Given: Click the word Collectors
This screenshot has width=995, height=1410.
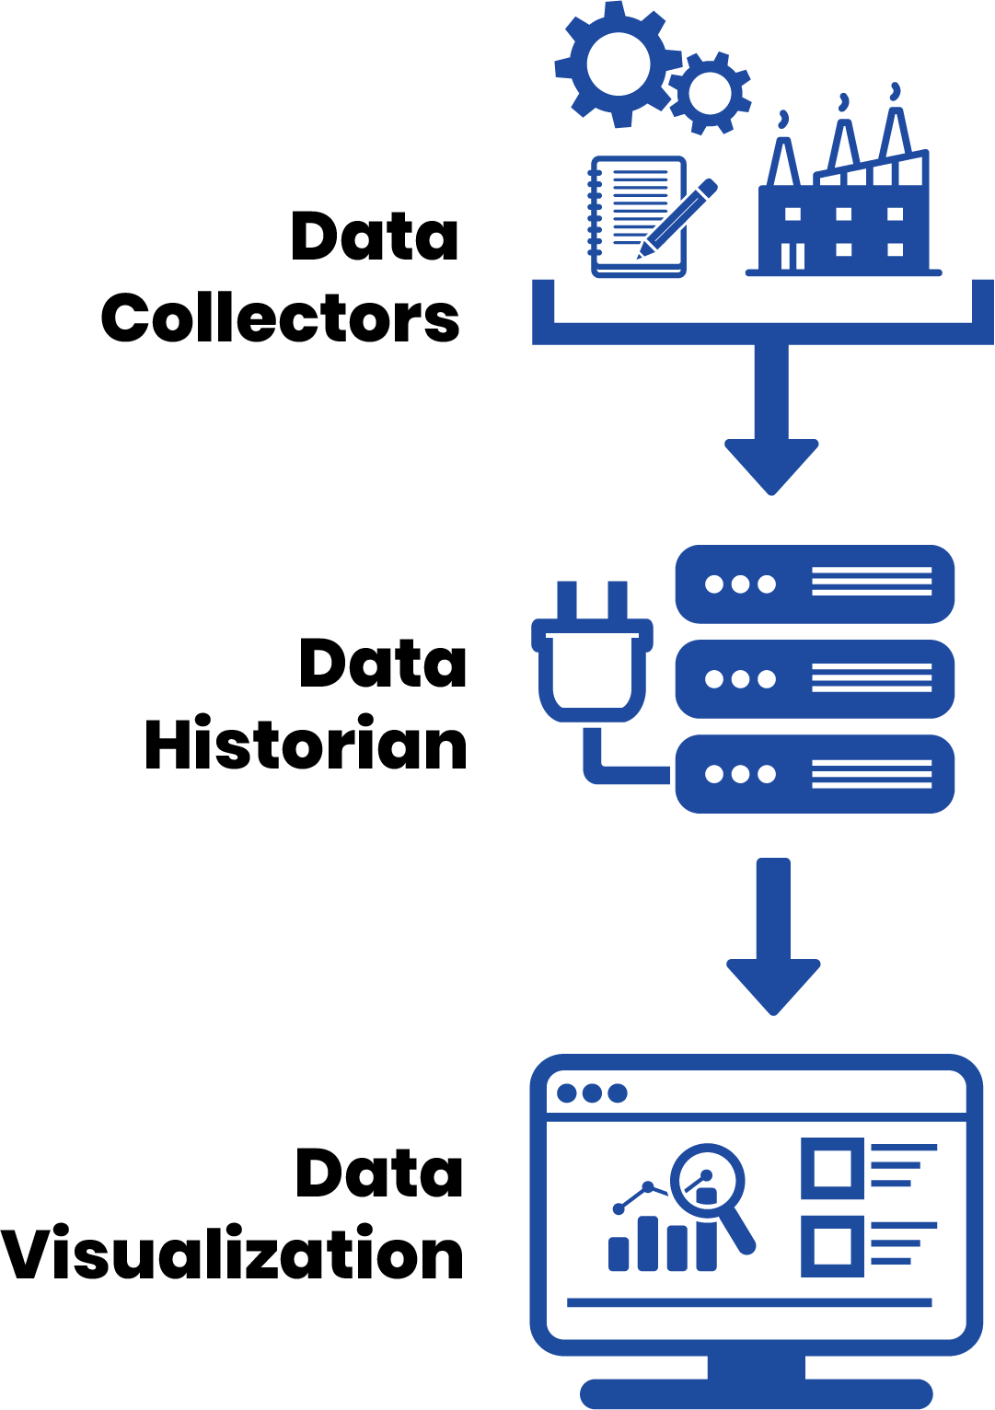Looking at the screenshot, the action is pyautogui.click(x=280, y=318).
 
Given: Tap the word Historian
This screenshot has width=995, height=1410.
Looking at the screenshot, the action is pyautogui.click(x=306, y=743).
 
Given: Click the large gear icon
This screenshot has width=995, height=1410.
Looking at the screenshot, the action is pyautogui.click(x=618, y=64).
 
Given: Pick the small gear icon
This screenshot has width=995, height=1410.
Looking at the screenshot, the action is pyautogui.click(x=710, y=93).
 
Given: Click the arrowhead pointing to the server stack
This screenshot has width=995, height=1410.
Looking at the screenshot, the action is pyautogui.click(x=771, y=467).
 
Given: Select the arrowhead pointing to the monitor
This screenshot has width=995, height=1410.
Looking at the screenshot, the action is pyautogui.click(x=773, y=987).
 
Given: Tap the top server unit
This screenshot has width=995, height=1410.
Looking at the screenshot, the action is pyautogui.click(x=815, y=584).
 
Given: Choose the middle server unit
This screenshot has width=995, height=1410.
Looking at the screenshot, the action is pyautogui.click(x=815, y=679).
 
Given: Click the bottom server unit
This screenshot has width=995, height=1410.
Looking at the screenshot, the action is pyautogui.click(x=815, y=774).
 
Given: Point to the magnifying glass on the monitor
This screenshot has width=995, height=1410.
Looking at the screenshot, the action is pyautogui.click(x=712, y=1196).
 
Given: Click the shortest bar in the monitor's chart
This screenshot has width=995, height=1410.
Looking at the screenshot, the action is pyautogui.click(x=618, y=1254).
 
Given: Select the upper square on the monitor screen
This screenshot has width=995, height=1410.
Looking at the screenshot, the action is pyautogui.click(x=832, y=1168).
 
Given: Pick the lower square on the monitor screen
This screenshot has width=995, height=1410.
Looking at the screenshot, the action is pyautogui.click(x=832, y=1246).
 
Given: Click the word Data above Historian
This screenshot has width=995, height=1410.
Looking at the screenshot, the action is pyautogui.click(x=383, y=662).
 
